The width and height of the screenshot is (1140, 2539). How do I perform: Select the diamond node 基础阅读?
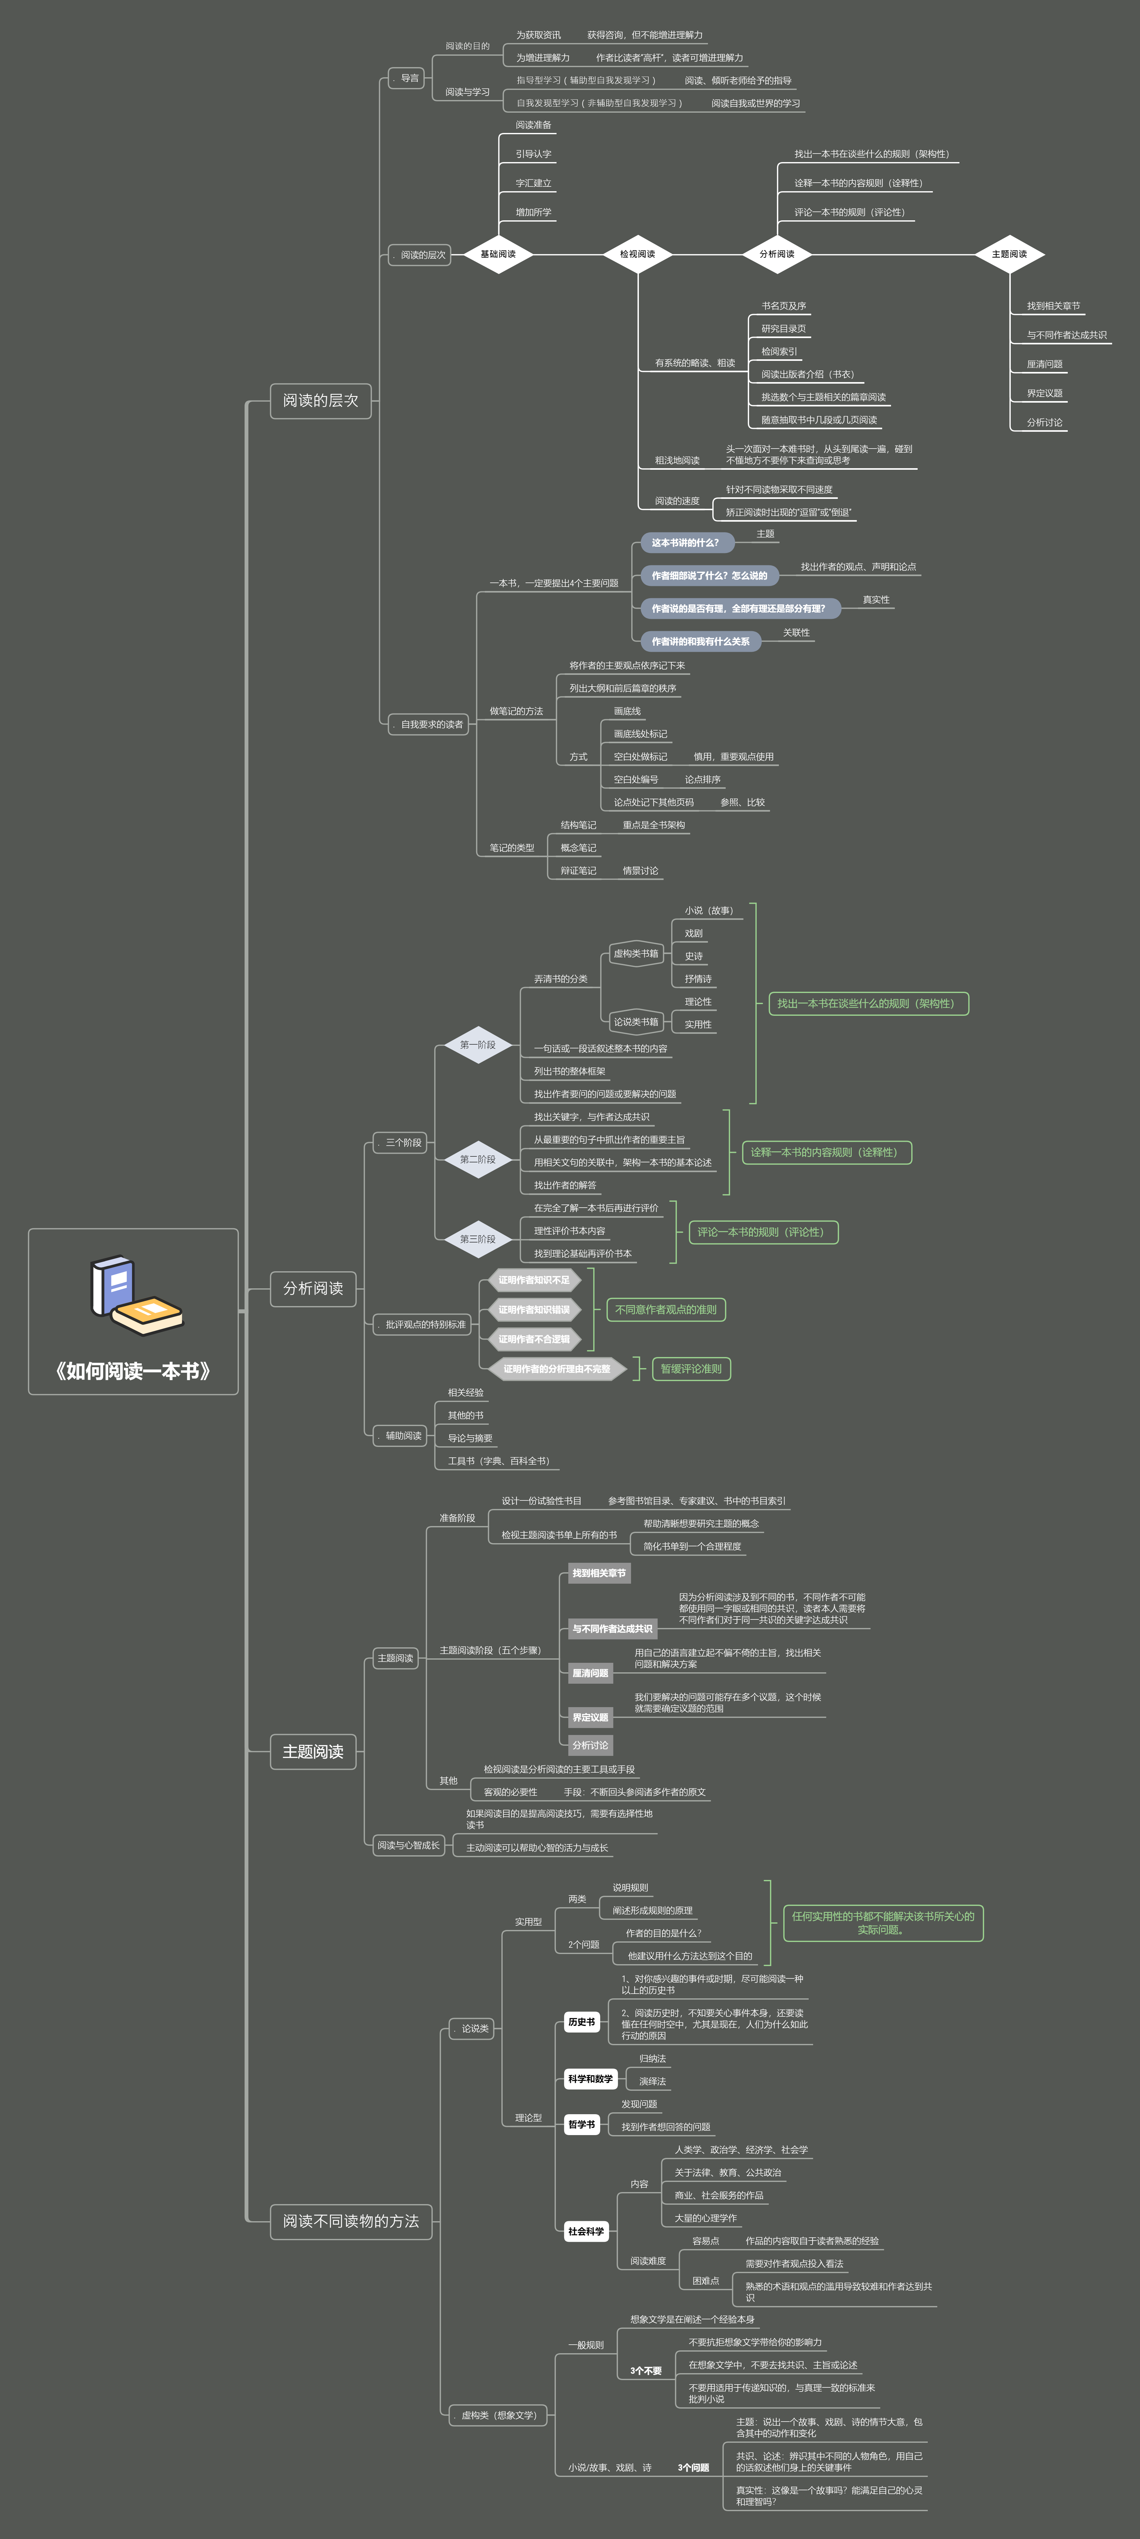tap(498, 254)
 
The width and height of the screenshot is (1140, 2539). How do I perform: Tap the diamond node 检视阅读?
tap(637, 254)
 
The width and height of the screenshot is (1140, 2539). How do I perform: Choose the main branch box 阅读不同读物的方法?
tap(351, 2221)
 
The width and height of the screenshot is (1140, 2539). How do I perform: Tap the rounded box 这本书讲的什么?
tap(685, 542)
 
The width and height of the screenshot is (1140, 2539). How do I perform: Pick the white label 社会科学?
tap(586, 2230)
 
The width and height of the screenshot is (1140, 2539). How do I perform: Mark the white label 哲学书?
tap(581, 2124)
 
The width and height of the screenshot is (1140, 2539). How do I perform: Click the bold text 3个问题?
tap(693, 2467)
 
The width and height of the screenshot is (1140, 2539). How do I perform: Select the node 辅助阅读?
tap(403, 1435)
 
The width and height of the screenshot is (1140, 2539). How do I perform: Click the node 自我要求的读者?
tap(431, 725)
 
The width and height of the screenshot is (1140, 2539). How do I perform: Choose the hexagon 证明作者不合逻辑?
tap(533, 1338)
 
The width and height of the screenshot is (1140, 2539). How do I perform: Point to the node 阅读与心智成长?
tap(408, 1845)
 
